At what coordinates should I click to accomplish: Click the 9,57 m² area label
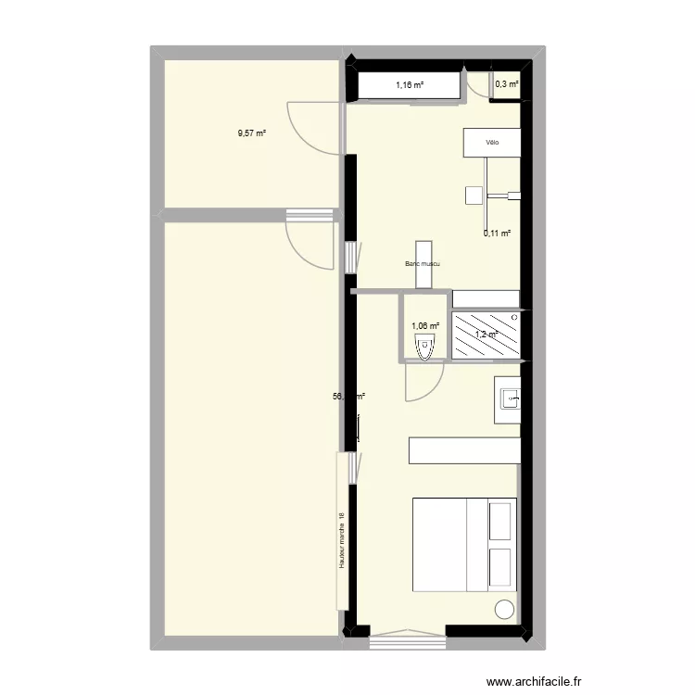click(251, 133)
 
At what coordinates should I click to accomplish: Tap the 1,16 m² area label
click(410, 85)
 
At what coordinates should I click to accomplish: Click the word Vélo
click(491, 143)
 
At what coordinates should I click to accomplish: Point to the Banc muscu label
click(422, 264)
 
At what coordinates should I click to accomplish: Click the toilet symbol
click(425, 348)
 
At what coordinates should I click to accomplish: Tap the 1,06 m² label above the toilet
click(424, 325)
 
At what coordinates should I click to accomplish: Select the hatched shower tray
click(486, 335)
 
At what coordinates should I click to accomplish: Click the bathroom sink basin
click(510, 399)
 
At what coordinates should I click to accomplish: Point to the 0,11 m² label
click(498, 234)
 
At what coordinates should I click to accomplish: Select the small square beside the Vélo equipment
click(474, 195)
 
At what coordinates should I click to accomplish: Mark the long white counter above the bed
click(463, 450)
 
